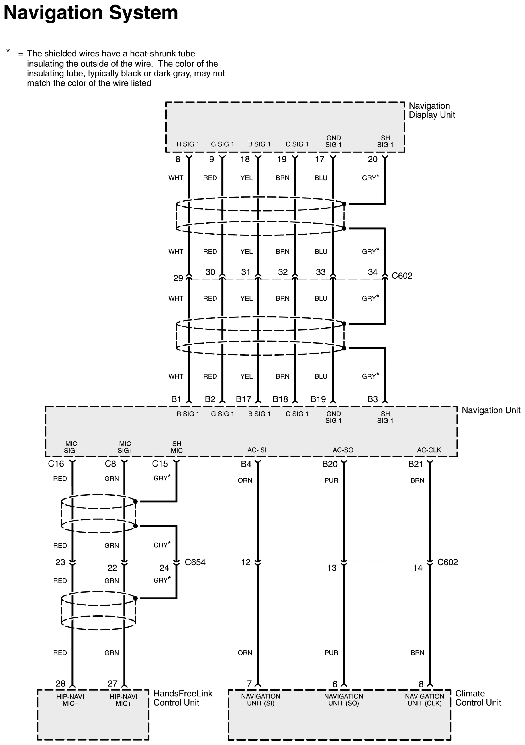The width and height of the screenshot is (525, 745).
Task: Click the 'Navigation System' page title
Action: [91, 13]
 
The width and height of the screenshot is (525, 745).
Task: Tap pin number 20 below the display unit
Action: [372, 159]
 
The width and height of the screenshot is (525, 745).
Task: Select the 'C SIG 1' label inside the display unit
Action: [297, 144]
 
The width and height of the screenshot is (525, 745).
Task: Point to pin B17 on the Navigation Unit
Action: [243, 399]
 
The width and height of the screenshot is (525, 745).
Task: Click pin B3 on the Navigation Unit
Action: [372, 399]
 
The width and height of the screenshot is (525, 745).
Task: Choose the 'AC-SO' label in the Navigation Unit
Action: [343, 450]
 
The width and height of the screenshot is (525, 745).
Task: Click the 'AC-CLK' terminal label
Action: [429, 450]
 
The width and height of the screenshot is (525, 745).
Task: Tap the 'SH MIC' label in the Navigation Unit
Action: [177, 447]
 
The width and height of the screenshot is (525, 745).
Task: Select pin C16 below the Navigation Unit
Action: [56, 464]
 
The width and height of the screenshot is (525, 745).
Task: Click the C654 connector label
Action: [195, 562]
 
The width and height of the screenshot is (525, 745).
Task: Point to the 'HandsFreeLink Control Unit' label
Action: [182, 698]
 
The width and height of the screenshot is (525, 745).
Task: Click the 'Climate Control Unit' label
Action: [478, 698]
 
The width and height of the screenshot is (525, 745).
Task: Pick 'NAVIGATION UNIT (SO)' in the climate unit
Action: [343, 700]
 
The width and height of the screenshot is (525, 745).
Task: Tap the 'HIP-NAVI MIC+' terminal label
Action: [123, 700]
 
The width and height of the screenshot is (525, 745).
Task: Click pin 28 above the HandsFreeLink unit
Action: [60, 684]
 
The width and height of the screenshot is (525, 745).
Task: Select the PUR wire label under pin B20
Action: [331, 480]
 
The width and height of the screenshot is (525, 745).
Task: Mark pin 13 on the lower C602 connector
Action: [331, 568]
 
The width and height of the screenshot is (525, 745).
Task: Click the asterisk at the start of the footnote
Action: [8, 51]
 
